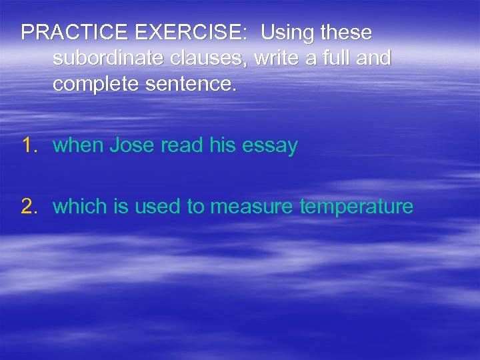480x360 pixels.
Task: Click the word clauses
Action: coord(200,59)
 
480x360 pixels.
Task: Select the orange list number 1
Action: coord(29,145)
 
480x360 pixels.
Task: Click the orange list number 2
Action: coord(29,207)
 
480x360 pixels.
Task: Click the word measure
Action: coord(252,207)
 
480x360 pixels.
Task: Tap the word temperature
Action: coord(357,207)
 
